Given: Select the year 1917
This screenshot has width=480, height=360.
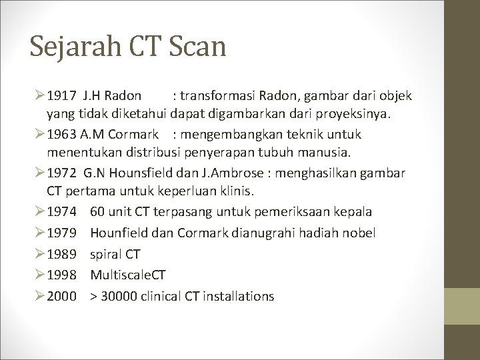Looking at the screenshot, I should click(x=61, y=96).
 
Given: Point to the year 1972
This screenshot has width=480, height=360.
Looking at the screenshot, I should click(x=61, y=173).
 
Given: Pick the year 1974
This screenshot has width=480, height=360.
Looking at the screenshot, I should click(x=61, y=212).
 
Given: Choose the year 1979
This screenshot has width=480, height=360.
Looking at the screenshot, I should click(x=61, y=233).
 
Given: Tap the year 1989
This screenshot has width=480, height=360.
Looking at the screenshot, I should click(x=61, y=254).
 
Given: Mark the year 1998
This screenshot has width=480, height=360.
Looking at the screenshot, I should click(x=61, y=275).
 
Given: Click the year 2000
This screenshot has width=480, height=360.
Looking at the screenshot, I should click(x=61, y=296).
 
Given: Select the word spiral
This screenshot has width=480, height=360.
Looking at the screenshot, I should click(x=106, y=254).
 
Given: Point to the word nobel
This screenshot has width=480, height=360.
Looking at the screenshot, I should click(x=360, y=233).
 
